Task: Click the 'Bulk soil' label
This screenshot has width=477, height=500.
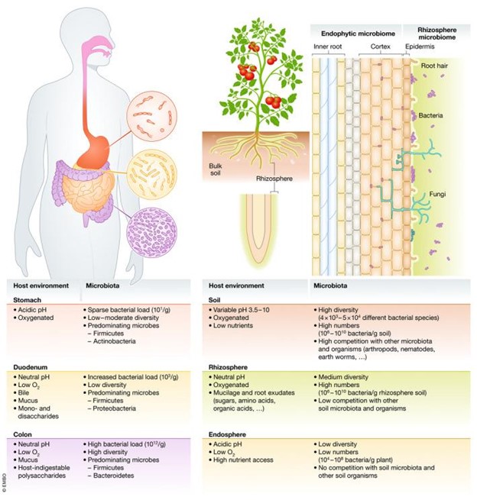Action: pos(218,166)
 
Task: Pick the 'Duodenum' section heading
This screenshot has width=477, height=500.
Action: pos(34,367)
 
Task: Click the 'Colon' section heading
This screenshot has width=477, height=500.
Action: pos(26,434)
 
